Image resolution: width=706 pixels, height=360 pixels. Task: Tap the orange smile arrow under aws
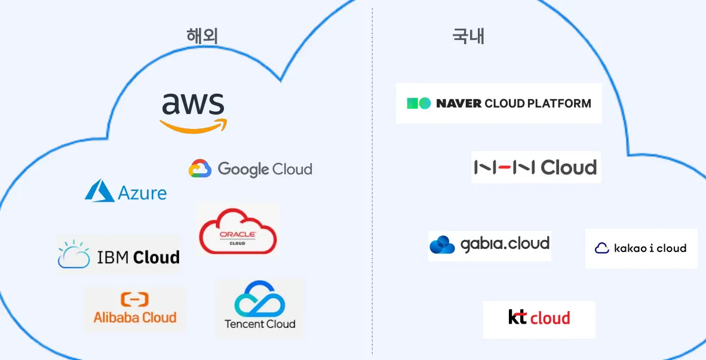pos(193,126)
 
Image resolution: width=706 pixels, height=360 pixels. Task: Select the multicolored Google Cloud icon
pos(200,169)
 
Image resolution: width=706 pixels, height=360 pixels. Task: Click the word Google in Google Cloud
pos(243,170)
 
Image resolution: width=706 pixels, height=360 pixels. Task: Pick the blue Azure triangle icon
pos(99,191)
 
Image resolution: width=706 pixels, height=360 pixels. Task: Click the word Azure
pos(142,193)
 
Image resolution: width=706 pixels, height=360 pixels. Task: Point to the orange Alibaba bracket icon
pos(134,300)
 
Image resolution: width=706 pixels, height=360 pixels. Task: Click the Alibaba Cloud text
pos(135,318)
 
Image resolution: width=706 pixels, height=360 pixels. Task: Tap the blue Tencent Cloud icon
pos(259,300)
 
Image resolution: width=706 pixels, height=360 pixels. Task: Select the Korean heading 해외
pos(202,36)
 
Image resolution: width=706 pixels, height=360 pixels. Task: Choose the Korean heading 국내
pos(468,36)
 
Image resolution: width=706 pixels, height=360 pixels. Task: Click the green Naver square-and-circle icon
pos(418,103)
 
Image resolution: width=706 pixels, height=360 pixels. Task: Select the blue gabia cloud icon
pos(442,245)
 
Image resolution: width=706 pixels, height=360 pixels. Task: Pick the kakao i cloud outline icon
pos(602,248)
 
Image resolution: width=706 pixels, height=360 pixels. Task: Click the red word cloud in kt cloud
pos(550,318)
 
